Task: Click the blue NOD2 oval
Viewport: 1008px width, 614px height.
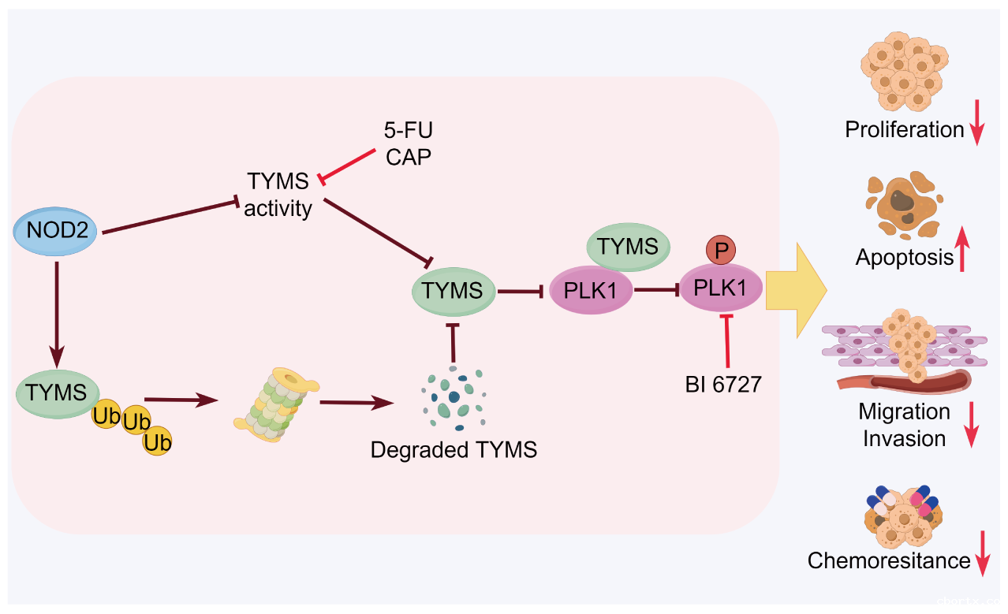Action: pyautogui.click(x=56, y=231)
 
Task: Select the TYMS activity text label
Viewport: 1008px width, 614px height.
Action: pyautogui.click(x=278, y=195)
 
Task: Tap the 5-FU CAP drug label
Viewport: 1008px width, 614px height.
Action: pyautogui.click(x=409, y=143)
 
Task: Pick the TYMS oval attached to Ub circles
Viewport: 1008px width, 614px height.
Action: pyautogui.click(x=56, y=393)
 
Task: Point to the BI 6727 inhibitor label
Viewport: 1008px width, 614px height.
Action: pyautogui.click(x=722, y=385)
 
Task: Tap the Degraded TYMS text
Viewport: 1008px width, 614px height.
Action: pyautogui.click(x=454, y=450)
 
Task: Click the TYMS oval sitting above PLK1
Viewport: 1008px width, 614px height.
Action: pyautogui.click(x=628, y=247)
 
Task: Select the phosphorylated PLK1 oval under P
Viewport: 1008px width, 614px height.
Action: pyautogui.click(x=719, y=289)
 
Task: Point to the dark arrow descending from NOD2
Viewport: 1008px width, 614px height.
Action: pyautogui.click(x=56, y=311)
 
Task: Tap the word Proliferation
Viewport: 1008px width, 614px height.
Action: pyautogui.click(x=904, y=130)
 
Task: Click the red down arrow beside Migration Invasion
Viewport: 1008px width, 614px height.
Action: pyautogui.click(x=972, y=424)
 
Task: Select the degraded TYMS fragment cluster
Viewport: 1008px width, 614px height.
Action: pyautogui.click(x=454, y=397)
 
